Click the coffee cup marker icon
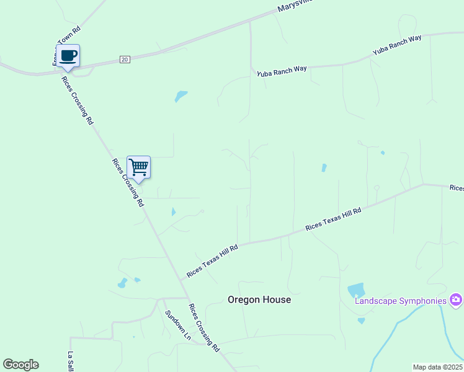[68, 56]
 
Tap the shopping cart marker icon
[139, 167]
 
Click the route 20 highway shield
[125, 59]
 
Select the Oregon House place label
[259, 299]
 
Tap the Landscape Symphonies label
[401, 301]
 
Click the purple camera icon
[457, 300]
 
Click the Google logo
[20, 365]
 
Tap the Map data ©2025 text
[438, 367]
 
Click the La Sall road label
[70, 361]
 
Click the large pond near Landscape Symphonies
[356, 290]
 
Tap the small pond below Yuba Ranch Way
[181, 96]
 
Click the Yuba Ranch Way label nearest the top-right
[397, 46]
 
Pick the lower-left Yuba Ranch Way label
[282, 70]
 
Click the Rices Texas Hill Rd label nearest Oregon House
[213, 261]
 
